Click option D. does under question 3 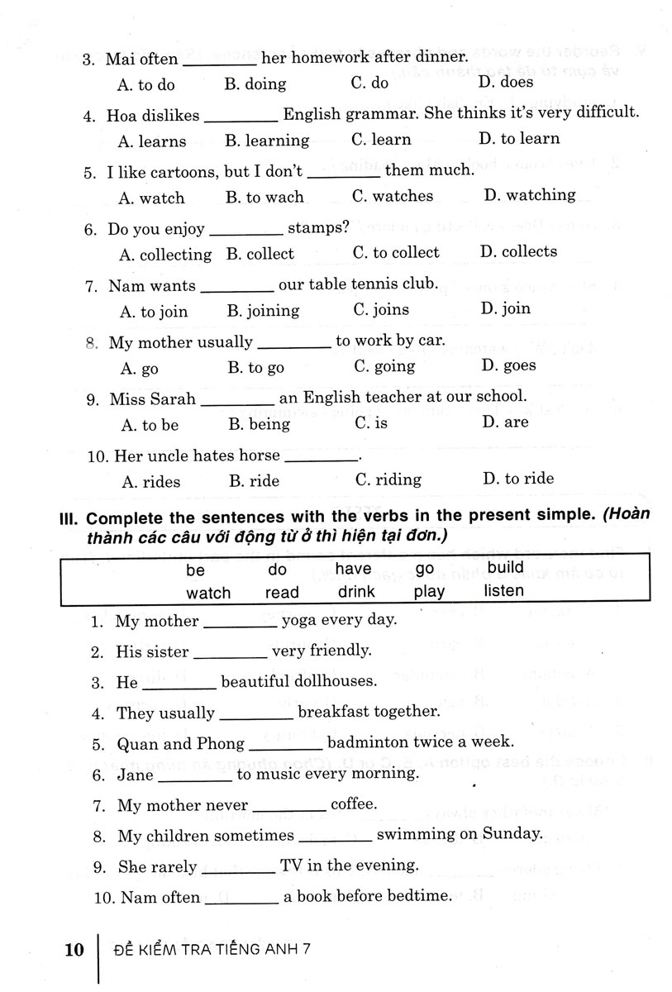pos(505,82)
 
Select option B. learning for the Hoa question pos(266,141)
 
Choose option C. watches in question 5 pos(392,197)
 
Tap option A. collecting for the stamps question pos(165,255)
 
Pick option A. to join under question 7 pos(154,312)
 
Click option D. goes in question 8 pos(508,365)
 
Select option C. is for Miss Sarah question pos(371,422)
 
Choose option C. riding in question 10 pos(388,479)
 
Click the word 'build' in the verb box pos(505,568)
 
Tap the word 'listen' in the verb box pos(503,591)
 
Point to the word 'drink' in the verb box pos(356,592)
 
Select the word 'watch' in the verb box pos(208,593)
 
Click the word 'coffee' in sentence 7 pos(353,804)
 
